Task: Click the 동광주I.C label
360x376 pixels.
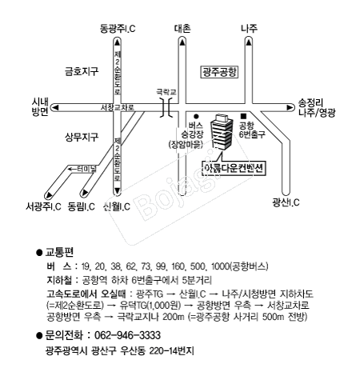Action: (118, 28)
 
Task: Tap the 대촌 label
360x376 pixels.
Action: (182, 28)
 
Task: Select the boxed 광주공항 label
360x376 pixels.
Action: (219, 72)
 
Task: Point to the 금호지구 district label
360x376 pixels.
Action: (82, 71)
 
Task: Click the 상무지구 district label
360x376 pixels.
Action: (82, 137)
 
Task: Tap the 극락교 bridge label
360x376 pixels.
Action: (166, 92)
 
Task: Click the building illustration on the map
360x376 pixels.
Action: (222, 132)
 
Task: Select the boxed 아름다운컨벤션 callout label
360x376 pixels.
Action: (234, 169)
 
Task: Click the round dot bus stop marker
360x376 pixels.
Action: (196, 116)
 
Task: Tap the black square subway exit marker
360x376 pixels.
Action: (243, 116)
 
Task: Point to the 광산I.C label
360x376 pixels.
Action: (286, 202)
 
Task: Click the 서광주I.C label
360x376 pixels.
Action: (43, 206)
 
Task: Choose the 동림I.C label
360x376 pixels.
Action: (82, 206)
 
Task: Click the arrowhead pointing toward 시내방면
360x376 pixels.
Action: (56, 107)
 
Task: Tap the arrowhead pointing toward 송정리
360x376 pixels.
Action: (290, 107)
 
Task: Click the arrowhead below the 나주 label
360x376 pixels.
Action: (249, 42)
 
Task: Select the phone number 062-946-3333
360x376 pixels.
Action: (128, 335)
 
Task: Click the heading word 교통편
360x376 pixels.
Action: (59, 252)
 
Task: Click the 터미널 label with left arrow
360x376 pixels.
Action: (82, 169)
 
